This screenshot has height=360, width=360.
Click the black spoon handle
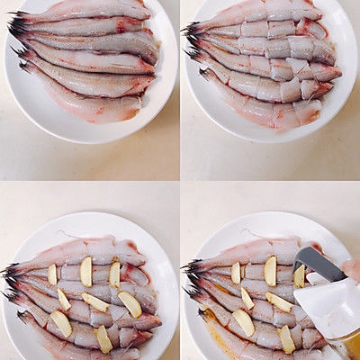coord(319,263)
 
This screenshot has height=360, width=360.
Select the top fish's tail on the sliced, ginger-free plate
coord(191,29)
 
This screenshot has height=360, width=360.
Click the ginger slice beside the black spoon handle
coord(299,275)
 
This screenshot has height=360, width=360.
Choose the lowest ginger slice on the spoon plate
coord(286,338)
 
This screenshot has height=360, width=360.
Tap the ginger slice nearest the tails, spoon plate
coord(236,273)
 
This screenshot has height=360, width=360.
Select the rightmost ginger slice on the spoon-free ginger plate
coord(130,304)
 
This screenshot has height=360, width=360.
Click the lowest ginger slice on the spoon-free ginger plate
coord(103,338)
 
